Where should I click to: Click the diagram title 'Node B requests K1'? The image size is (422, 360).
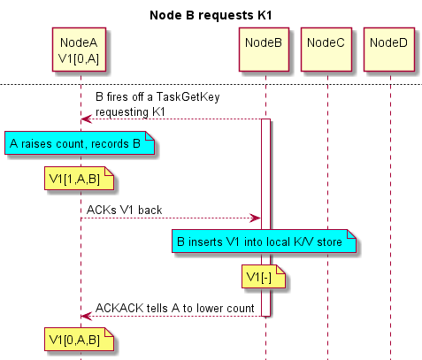tap(211, 15)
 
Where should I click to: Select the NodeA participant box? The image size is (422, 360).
tap(79, 50)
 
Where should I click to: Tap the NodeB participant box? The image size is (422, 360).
tap(264, 50)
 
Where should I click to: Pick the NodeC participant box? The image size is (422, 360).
tap(326, 50)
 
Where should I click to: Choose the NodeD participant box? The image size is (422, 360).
tap(389, 50)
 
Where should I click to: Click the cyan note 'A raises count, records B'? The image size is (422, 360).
tap(80, 143)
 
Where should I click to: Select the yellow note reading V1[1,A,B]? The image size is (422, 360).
tap(79, 179)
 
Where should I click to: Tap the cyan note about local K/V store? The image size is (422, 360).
tap(264, 241)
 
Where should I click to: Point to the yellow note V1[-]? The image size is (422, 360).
tap(264, 277)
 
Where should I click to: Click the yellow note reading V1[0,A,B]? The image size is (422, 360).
tap(79, 340)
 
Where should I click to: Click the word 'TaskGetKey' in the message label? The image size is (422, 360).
tap(188, 97)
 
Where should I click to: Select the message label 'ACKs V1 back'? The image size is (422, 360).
tap(124, 210)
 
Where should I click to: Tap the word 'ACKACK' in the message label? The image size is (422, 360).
tap(119, 308)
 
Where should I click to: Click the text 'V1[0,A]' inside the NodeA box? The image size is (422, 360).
tap(79, 59)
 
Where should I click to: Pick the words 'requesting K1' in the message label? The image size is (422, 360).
tap(130, 112)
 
